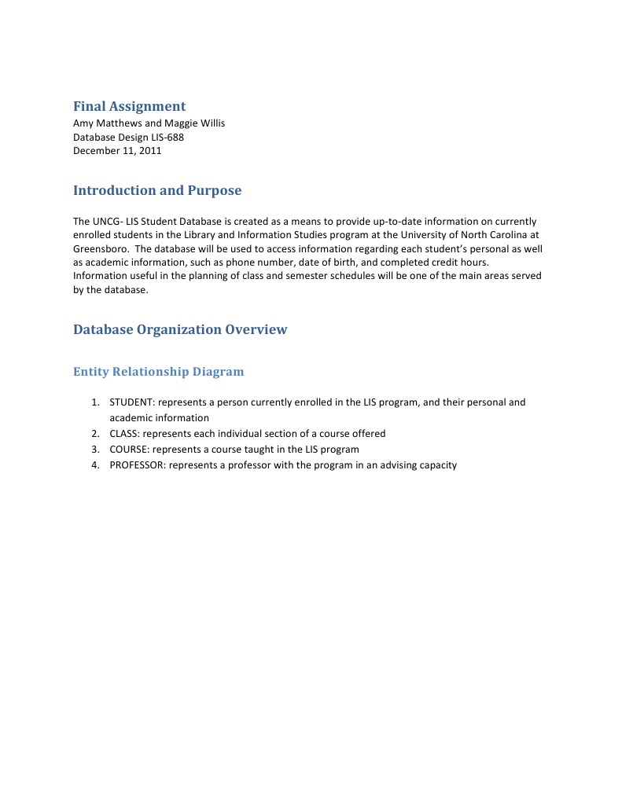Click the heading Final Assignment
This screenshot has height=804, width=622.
coord(129,106)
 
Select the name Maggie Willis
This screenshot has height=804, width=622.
coord(195,123)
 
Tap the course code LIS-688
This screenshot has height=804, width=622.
coord(167,137)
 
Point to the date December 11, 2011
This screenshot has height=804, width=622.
coord(117,151)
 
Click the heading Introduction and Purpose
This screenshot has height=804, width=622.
coord(157,190)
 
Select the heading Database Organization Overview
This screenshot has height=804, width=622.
coord(180,329)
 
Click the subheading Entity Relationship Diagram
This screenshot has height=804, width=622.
coord(158,372)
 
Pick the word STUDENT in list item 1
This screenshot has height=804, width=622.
coord(131,402)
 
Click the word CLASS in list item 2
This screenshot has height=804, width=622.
coord(124,434)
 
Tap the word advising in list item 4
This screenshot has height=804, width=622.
coord(403,465)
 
